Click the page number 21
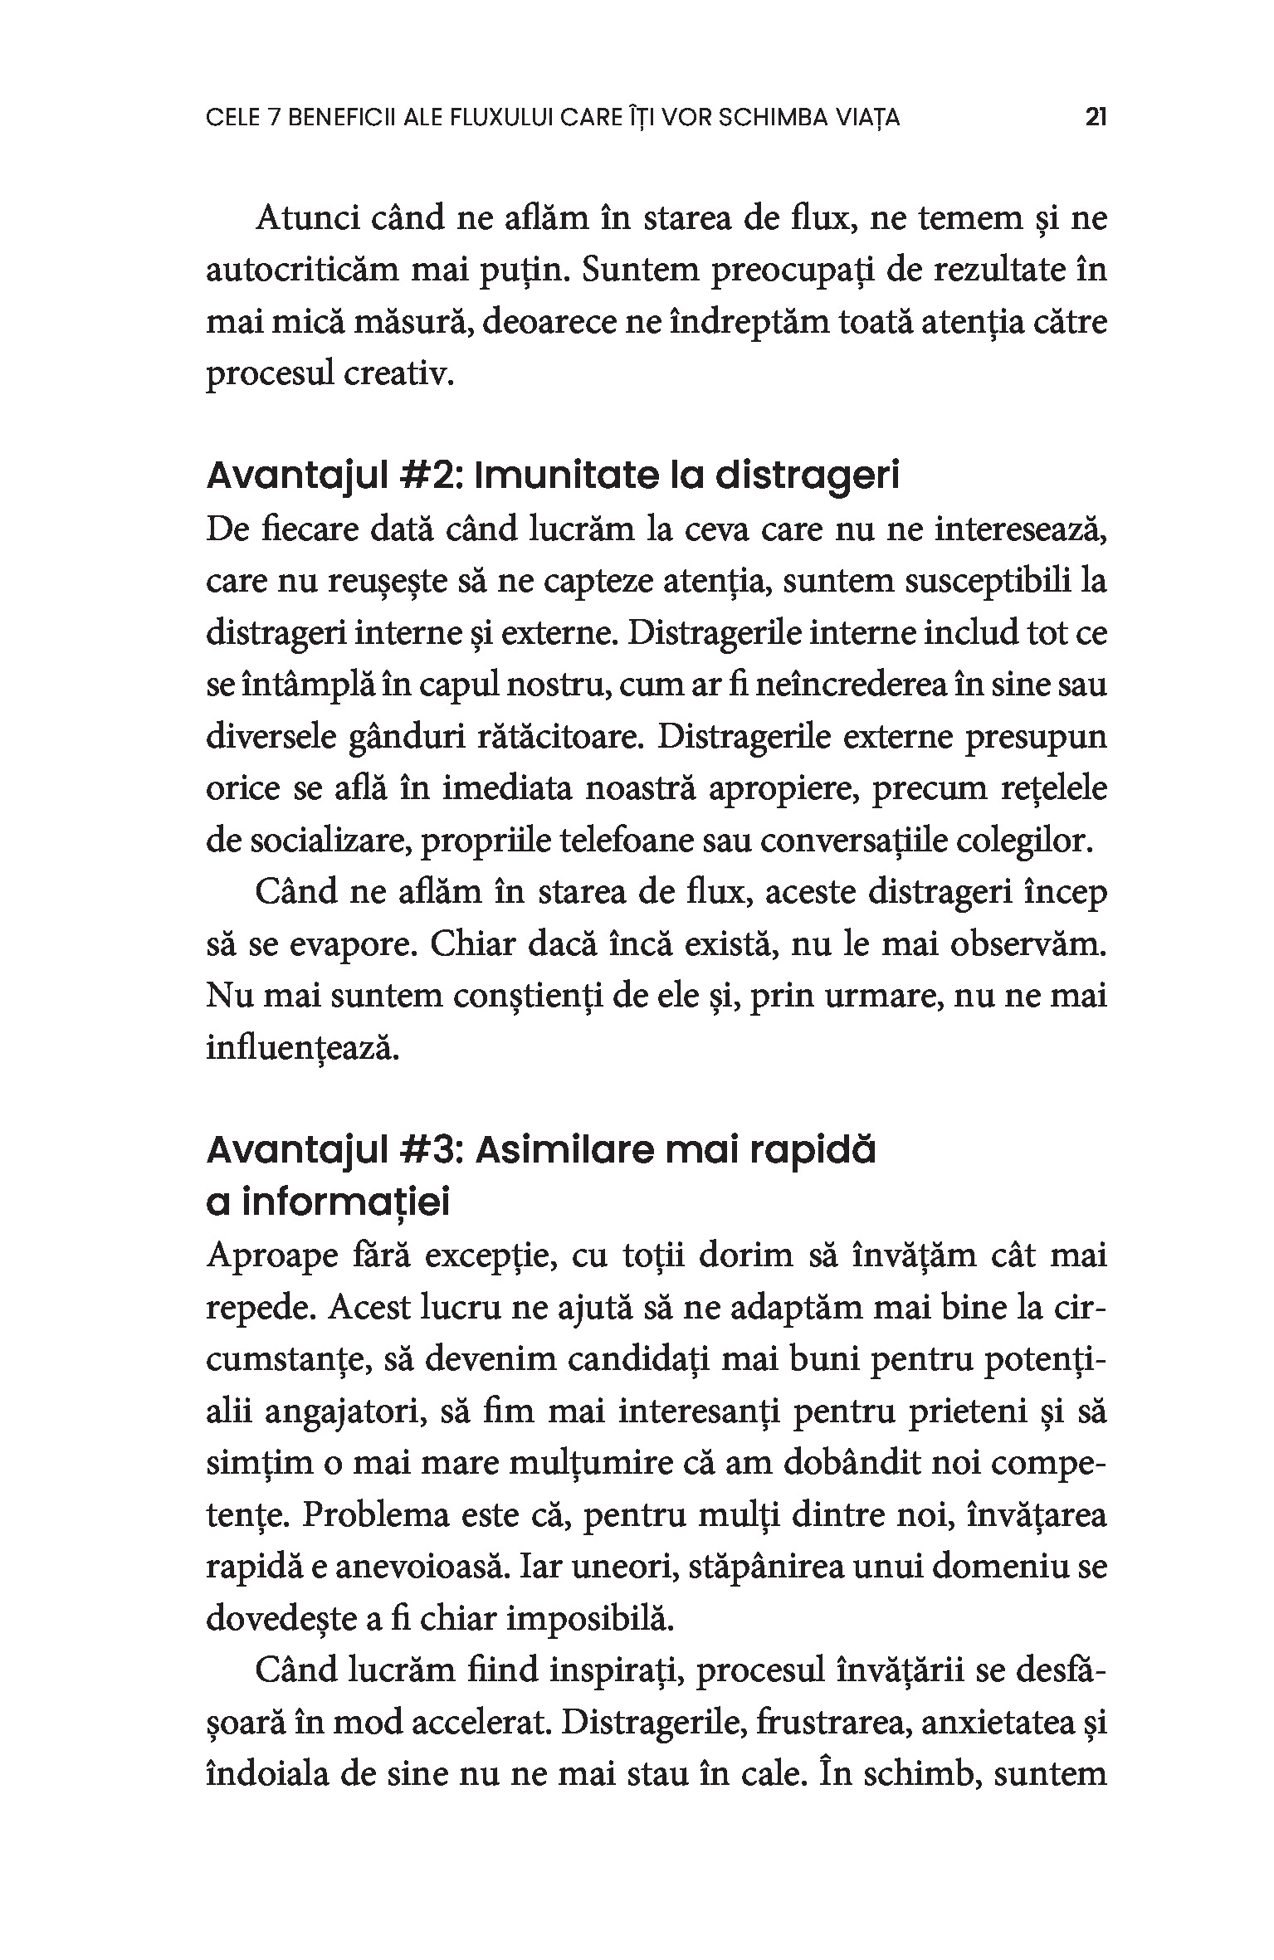pos(1096,118)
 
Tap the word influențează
pos(303,1049)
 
